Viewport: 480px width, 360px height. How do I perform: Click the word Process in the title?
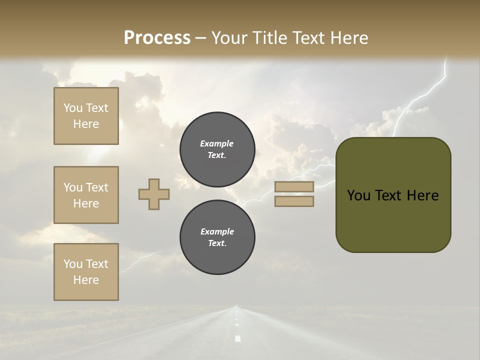tap(157, 38)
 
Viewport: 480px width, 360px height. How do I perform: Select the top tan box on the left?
tap(86, 116)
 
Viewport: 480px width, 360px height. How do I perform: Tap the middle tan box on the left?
tap(86, 195)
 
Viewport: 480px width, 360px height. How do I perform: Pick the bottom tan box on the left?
tap(86, 272)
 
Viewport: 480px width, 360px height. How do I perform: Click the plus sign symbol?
tap(154, 194)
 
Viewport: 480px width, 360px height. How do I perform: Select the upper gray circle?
tap(217, 149)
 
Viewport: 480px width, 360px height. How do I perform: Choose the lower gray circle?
tap(217, 237)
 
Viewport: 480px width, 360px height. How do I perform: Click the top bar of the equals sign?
tap(294, 187)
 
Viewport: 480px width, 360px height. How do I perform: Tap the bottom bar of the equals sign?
tap(294, 201)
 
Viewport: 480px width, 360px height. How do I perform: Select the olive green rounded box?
tap(393, 194)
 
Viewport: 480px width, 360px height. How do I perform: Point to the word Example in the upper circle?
tap(217, 143)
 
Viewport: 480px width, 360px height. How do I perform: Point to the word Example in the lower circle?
tap(217, 231)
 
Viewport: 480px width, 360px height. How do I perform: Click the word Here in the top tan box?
tap(86, 124)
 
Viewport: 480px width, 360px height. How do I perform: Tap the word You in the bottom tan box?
tap(72, 264)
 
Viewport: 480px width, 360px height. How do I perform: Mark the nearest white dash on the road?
tap(237, 338)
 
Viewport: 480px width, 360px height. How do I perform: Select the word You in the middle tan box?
tap(72, 187)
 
